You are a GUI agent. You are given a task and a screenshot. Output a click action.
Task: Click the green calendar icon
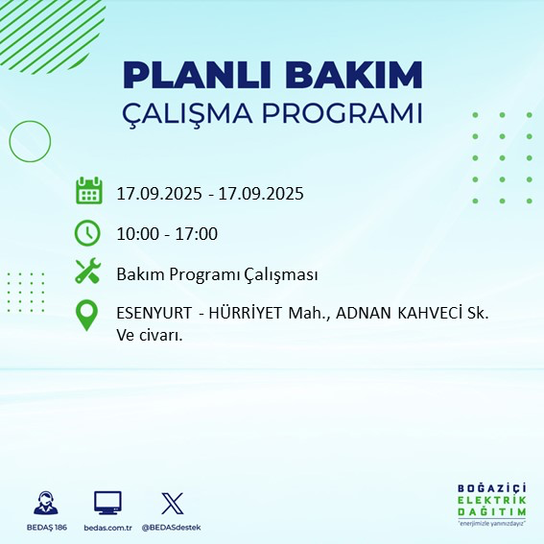pos(88,191)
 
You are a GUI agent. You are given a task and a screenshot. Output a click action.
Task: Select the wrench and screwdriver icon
pos(88,272)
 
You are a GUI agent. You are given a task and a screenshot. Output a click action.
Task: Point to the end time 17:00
pos(197,234)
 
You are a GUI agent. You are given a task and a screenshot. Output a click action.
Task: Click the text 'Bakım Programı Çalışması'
pos(217,274)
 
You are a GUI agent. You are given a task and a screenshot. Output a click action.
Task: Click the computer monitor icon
pos(107,503)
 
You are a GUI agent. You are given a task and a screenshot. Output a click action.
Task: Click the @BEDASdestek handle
pos(172,528)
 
